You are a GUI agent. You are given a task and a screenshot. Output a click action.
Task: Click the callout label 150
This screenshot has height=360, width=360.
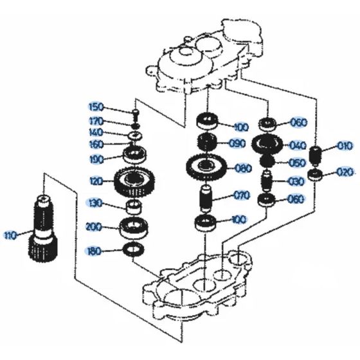[95, 107]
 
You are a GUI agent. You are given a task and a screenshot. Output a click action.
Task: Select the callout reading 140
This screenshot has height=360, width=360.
[95, 132]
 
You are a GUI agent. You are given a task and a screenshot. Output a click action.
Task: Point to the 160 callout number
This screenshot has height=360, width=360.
[95, 144]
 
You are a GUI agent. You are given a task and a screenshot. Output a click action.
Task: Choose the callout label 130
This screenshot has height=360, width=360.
[95, 203]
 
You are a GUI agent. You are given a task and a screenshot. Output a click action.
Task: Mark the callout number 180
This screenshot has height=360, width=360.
[95, 251]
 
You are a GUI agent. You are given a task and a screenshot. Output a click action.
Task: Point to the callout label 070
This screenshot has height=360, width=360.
[241, 195]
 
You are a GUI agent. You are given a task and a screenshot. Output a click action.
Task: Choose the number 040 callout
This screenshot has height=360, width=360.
[297, 145]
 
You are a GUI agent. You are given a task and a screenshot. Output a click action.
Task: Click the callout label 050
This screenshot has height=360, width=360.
[297, 163]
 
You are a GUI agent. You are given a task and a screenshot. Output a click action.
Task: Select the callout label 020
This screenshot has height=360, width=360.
[344, 172]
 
